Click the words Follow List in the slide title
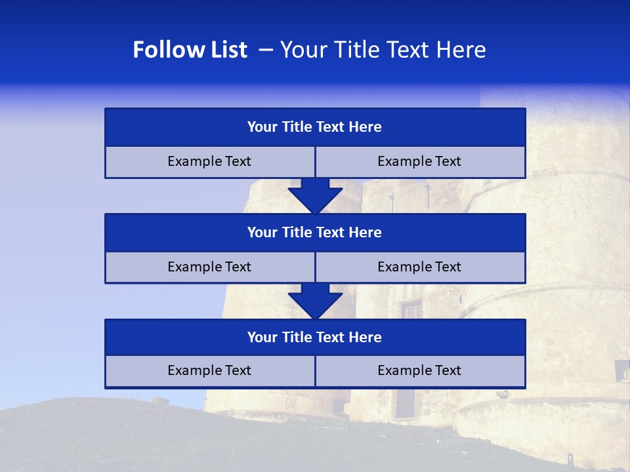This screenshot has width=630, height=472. point(190,50)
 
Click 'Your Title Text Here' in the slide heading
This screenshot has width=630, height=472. point(383,50)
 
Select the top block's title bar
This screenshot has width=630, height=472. point(315,127)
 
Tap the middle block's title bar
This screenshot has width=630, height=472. point(315,232)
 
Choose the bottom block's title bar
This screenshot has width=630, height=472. point(315,337)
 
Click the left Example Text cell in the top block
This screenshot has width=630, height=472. point(209,161)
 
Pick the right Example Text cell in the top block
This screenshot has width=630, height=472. point(419,161)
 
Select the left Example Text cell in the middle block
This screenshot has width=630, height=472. point(209,267)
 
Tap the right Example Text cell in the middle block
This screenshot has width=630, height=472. point(419,267)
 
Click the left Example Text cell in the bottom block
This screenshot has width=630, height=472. point(209,370)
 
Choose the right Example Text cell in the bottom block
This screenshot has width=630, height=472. point(419,370)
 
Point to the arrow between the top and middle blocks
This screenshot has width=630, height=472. point(315,195)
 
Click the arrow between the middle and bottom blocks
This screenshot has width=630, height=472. point(315,300)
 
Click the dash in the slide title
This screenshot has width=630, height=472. point(266,50)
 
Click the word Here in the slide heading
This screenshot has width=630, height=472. point(463,50)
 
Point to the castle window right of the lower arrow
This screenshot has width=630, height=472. point(411,309)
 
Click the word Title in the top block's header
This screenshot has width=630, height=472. point(297,127)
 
